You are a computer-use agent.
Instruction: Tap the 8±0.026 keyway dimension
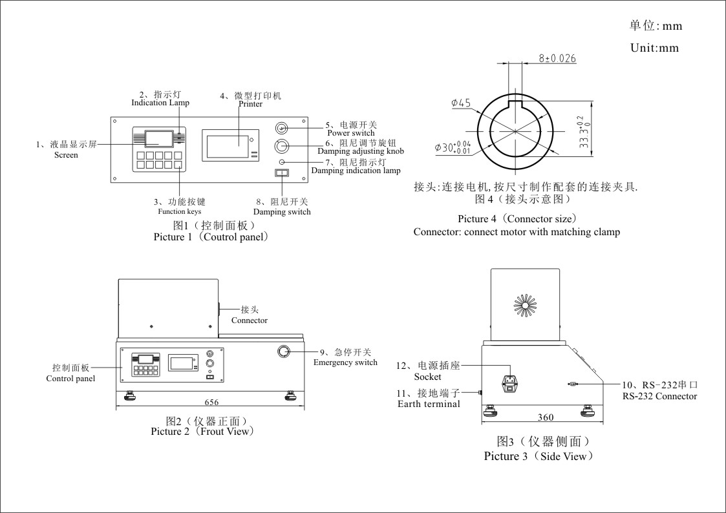[x=557, y=58]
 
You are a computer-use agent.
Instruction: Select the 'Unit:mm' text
[x=654, y=48]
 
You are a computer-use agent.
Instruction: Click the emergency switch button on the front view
[x=284, y=351]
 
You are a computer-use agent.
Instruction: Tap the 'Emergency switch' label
[x=345, y=362]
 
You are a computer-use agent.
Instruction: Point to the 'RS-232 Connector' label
[x=659, y=396]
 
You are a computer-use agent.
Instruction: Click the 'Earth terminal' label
[x=429, y=404]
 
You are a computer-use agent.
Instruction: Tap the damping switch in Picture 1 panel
[x=281, y=173]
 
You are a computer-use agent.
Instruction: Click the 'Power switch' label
[x=351, y=133]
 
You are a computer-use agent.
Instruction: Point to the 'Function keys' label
[x=179, y=211]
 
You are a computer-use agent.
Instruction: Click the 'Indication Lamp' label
[x=160, y=103]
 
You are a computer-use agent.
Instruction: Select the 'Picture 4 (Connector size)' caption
[x=517, y=219]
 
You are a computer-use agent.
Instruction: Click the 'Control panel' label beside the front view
[x=70, y=379]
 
